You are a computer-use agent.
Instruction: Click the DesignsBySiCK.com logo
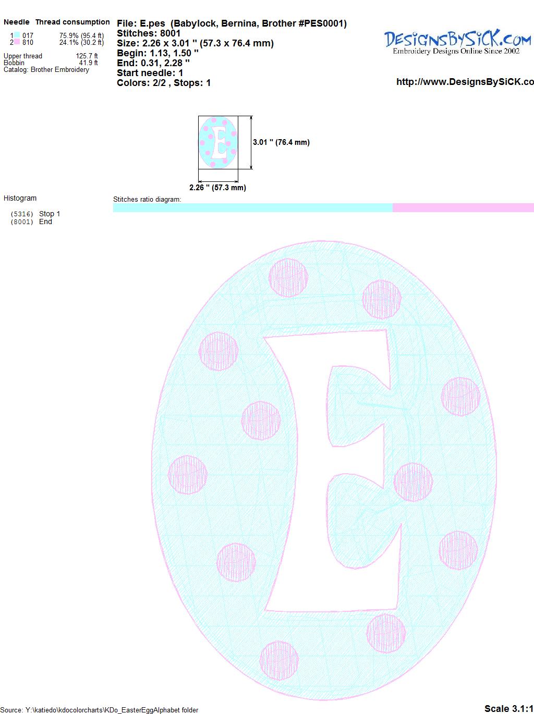(x=457, y=42)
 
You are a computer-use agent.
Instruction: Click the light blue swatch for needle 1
(x=17, y=35)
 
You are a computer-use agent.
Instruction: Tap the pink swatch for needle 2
(x=17, y=42)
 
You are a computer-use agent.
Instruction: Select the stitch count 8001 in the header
(x=170, y=33)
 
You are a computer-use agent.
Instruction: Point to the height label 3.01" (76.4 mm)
(x=281, y=142)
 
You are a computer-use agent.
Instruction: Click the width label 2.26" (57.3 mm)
(x=217, y=188)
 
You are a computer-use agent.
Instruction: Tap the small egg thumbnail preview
(x=218, y=142)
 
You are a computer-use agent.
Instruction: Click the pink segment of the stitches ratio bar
(x=463, y=207)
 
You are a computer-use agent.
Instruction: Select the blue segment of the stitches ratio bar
(x=253, y=207)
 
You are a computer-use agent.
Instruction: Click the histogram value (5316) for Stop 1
(x=22, y=214)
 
